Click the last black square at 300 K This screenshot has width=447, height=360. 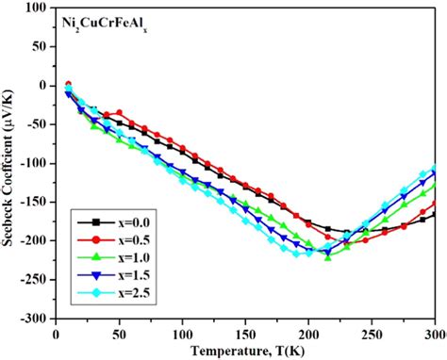(435, 216)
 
